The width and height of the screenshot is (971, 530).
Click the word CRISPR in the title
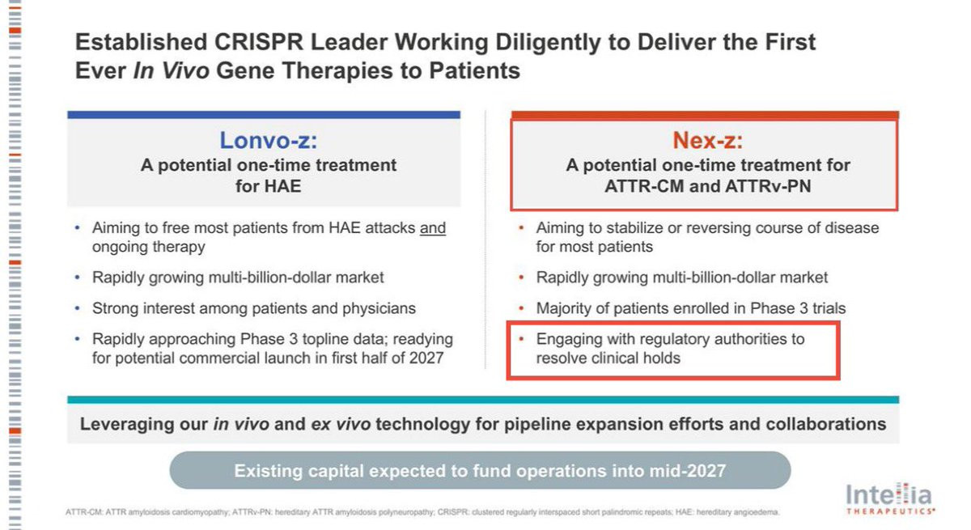[259, 42]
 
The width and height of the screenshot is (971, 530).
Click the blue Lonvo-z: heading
[269, 140]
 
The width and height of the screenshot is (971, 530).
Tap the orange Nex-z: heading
[707, 140]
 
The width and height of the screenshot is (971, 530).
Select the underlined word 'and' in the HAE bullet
[433, 228]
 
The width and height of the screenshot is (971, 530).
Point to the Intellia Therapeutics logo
[890, 498]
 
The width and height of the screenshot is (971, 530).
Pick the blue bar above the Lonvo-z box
[264, 115]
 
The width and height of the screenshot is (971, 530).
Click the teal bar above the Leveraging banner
[483, 400]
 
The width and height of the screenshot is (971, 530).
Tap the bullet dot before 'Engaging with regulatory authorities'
[521, 339]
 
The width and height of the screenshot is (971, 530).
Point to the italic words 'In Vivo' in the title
[172, 70]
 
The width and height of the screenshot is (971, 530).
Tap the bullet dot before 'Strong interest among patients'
[77, 308]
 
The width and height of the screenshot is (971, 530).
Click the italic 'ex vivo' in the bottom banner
[341, 424]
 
